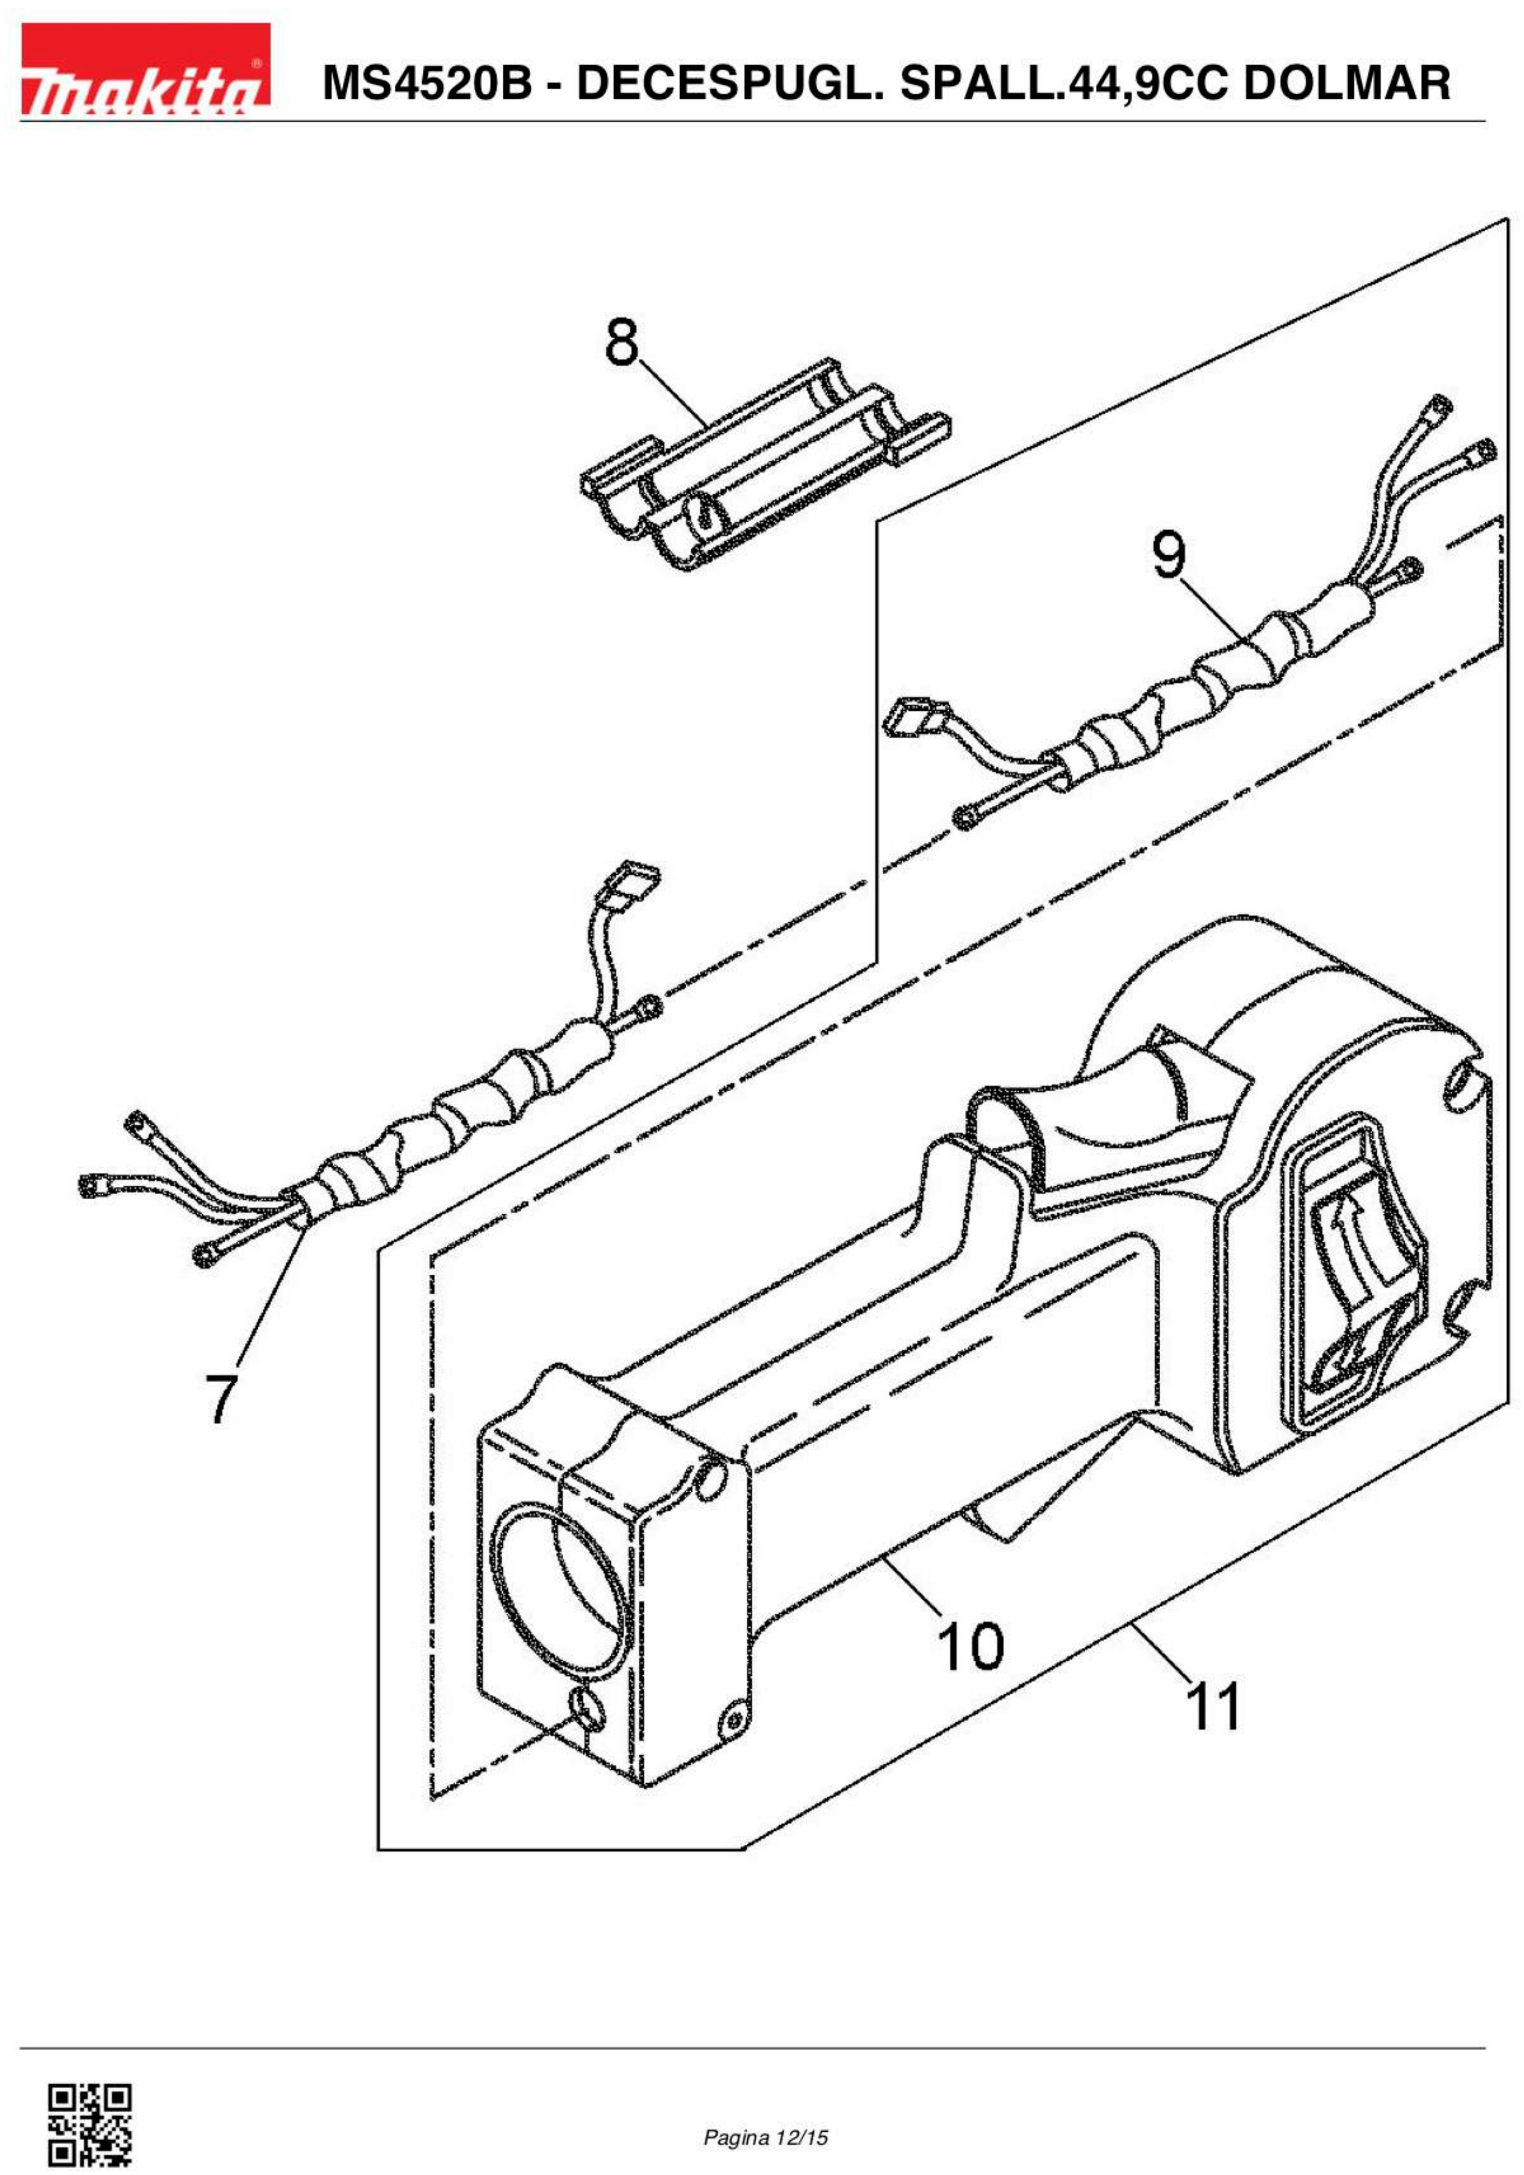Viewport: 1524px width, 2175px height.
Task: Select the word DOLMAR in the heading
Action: coord(1346,83)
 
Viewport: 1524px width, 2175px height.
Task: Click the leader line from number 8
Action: coord(673,393)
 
